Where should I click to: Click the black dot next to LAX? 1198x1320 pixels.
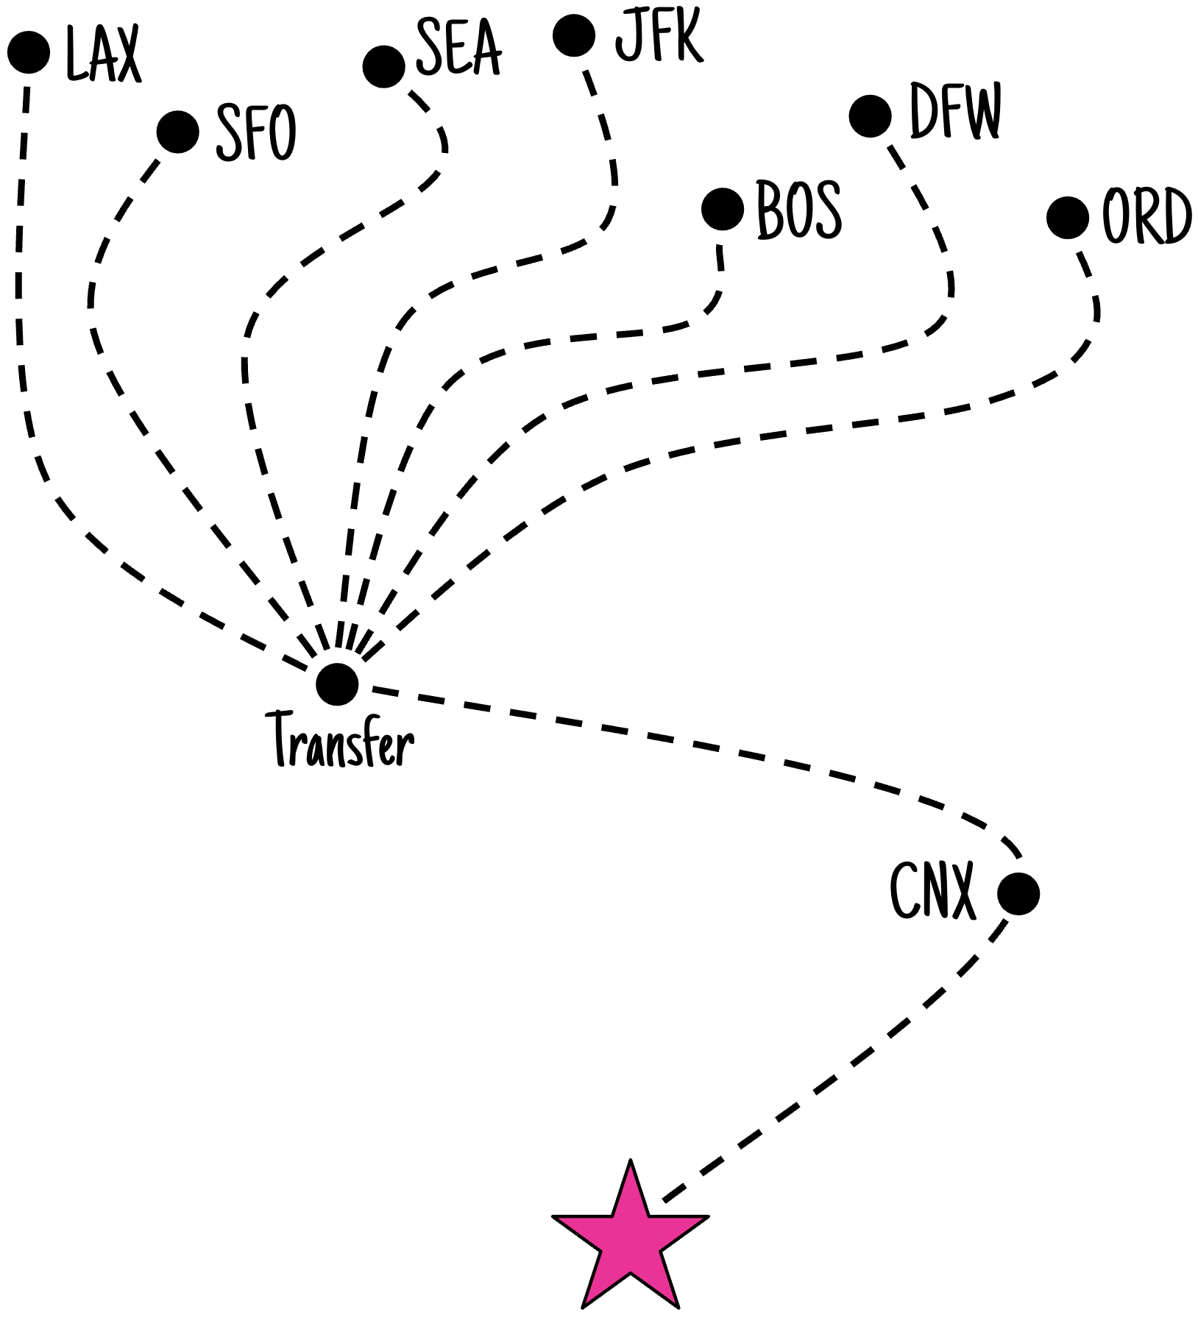29,53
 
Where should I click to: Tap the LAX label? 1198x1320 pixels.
102,54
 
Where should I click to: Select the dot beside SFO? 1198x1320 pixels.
178,132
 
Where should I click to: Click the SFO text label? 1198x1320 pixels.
255,132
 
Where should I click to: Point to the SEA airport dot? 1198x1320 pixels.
383,66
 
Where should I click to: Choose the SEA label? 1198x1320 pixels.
458,47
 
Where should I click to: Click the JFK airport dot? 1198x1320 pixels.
574,35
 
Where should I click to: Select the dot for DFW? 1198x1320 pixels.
870,116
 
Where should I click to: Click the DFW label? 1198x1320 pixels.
955,110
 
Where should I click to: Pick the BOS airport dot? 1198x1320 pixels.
723,209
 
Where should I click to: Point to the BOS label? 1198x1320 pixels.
799,210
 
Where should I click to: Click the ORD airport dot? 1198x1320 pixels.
1067,218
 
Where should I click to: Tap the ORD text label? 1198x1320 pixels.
1146,216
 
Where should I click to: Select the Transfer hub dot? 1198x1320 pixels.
337,684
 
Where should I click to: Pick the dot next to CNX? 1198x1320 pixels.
1018,894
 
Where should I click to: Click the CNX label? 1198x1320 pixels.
932,891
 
